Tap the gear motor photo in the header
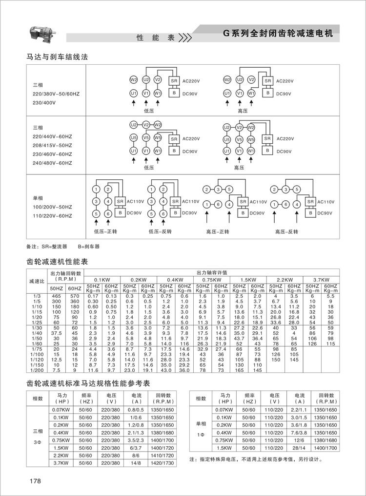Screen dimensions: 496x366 pyautogui.click(x=43, y=33)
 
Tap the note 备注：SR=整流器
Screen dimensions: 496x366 pyautogui.click(x=47, y=247)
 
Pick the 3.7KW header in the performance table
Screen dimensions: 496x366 pyautogui.click(x=321, y=279)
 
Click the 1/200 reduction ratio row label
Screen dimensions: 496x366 pyautogui.click(x=35, y=369)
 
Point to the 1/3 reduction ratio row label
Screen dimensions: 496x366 pyautogui.click(x=35, y=296)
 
